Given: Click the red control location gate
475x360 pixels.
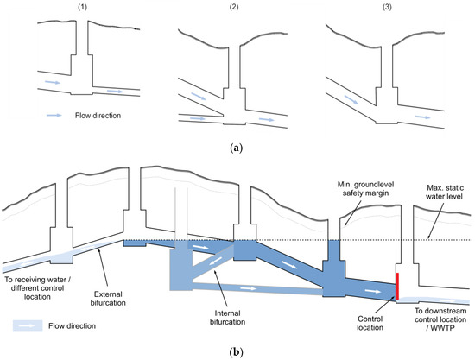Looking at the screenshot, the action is click(397, 286).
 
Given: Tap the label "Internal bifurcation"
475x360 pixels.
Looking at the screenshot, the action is click(227, 318).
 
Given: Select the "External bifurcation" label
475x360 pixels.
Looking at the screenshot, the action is click(108, 298).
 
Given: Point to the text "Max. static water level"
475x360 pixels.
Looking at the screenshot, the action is click(445, 192).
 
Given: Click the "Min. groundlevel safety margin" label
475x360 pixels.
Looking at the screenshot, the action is click(365, 188).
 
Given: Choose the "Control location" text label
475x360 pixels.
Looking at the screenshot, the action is click(370, 323).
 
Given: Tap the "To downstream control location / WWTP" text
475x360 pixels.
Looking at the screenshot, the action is click(440, 319).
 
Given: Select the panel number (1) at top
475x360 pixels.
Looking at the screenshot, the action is click(82, 8).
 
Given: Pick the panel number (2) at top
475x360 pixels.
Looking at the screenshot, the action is click(234, 8).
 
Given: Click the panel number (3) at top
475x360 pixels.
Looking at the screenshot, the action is click(387, 8).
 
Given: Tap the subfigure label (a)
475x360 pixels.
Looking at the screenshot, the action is click(237, 148).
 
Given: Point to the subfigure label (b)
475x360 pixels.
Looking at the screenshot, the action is click(237, 352).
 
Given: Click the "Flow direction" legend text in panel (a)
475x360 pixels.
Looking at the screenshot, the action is click(98, 116).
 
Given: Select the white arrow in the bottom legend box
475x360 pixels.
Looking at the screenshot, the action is click(27, 325).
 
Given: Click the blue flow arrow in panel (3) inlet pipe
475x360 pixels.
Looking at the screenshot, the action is click(351, 99).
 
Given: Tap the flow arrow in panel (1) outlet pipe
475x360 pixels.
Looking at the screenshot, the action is click(115, 91).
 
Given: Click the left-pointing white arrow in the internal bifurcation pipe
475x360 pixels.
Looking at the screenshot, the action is click(218, 260).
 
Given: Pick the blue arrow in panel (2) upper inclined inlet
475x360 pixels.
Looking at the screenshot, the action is click(199, 97).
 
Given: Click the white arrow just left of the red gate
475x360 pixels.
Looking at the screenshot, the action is click(373, 291).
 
